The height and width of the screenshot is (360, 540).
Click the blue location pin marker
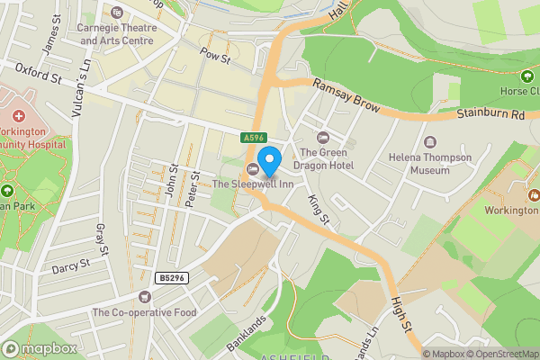coord(269,163)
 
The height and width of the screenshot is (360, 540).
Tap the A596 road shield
coord(253,138)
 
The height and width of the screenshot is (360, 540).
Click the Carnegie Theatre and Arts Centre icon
coord(117,13)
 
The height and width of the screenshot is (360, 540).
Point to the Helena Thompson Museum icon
coord(429,142)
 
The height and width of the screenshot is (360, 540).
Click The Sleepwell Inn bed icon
coord(254,170)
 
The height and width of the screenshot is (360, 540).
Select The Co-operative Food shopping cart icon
coord(145,296)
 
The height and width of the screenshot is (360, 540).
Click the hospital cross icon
coord(19,116)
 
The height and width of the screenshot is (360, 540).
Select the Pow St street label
coord(216,55)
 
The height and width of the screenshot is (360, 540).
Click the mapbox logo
coord(40,348)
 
